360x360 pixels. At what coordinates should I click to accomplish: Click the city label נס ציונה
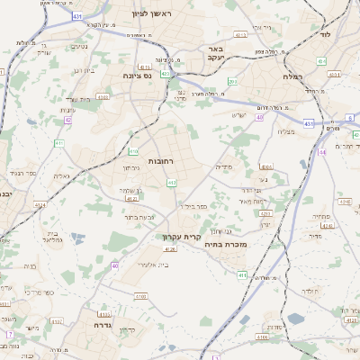(x=141, y=76)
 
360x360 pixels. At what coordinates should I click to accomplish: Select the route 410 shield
(x=133, y=150)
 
